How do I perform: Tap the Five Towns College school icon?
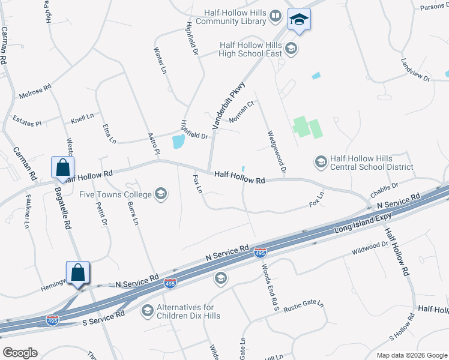pyautogui.click(x=160, y=193)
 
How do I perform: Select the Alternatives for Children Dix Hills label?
pyautogui.click(x=188, y=311)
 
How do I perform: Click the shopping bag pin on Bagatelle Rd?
pyautogui.click(x=63, y=168)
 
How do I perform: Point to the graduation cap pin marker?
pyautogui.click(x=298, y=20)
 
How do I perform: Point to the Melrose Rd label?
pyautogui.click(x=35, y=91)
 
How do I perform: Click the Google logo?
pyautogui.click(x=20, y=353)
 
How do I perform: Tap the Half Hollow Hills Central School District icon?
pyautogui.click(x=321, y=161)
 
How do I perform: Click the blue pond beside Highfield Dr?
pyautogui.click(x=178, y=142)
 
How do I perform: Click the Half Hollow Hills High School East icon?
pyautogui.click(x=291, y=49)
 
